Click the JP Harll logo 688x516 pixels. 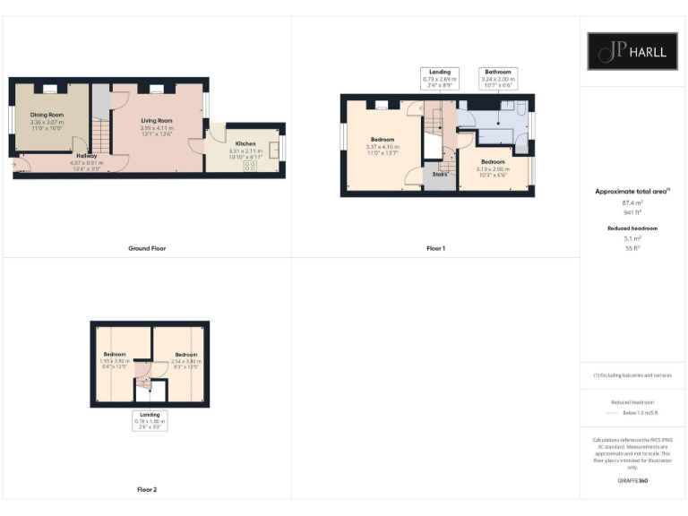point(632,51)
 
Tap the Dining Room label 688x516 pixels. point(47,115)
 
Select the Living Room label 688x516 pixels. point(157,121)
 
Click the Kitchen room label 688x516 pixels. point(245,143)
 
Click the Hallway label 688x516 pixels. point(87,156)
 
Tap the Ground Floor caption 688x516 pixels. point(147,248)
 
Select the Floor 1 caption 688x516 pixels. point(435,248)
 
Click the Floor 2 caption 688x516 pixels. point(147,490)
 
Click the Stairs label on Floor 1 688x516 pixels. point(439,174)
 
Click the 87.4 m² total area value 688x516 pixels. point(632,203)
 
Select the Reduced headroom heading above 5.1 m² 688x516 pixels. point(632,228)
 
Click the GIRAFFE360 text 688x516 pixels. point(632,481)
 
